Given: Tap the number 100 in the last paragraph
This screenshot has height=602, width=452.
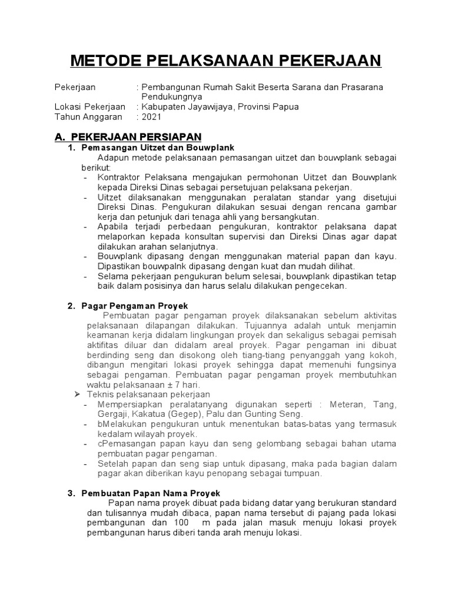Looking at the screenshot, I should [183, 523].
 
